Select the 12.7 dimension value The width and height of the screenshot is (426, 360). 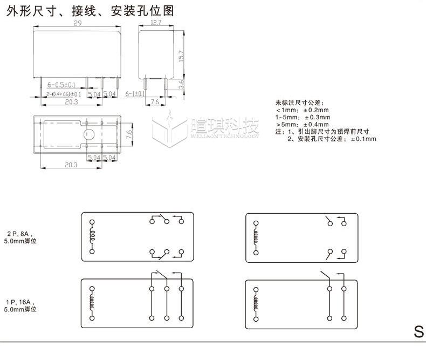(156, 23)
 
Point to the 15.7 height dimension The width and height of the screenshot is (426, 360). (182, 55)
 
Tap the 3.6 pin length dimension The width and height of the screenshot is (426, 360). (182, 84)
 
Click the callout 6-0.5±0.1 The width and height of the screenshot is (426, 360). (61, 85)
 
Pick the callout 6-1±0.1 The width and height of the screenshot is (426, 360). (135, 94)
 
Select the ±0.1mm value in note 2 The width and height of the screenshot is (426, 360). (363, 139)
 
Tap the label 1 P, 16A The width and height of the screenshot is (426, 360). (20, 302)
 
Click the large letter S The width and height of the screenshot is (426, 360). (418, 332)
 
